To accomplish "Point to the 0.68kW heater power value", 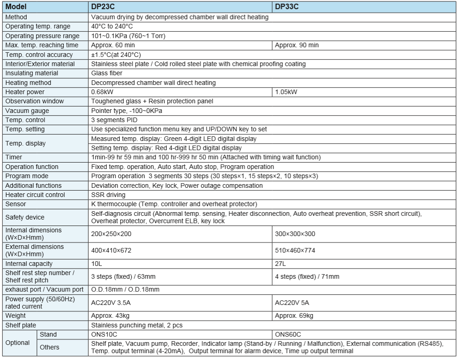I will pyautogui.click(x=103, y=92).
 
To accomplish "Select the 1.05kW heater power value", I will pyautogui.click(x=285, y=92).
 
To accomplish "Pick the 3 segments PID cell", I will pyautogui.click(x=115, y=120).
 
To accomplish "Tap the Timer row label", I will pyautogui.click(x=14, y=157).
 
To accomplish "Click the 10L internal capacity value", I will pyautogui.click(x=97, y=264).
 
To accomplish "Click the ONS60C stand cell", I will pyautogui.click(x=288, y=334).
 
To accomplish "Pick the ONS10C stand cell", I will pyautogui.click(x=105, y=334).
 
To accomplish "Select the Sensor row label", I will pyautogui.click(x=16, y=204).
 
